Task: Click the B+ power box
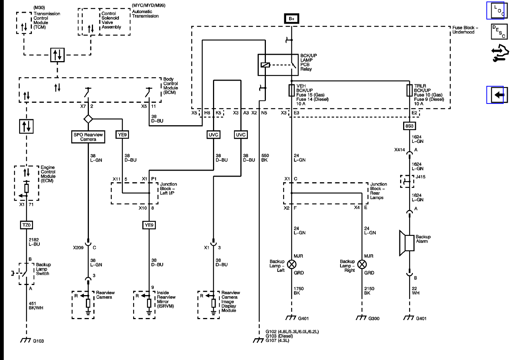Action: pyautogui.click(x=291, y=18)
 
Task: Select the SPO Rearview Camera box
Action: pyautogui.click(x=88, y=137)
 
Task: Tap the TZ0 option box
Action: pyautogui.click(x=26, y=225)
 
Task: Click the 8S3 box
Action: pyautogui.click(x=409, y=126)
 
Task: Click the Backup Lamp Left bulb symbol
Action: pyautogui.click(x=291, y=264)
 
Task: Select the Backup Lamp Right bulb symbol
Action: pyautogui.click(x=362, y=264)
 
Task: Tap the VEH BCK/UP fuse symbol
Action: pyautogui.click(x=291, y=90)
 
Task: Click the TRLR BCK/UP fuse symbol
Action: pyautogui.click(x=409, y=90)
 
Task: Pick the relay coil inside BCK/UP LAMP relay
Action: pyautogui.click(x=265, y=65)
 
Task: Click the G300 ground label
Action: pyautogui.click(x=373, y=319)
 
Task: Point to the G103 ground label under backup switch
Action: pyautogui.click(x=38, y=341)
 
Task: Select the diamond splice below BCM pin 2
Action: pyautogui.click(x=88, y=119)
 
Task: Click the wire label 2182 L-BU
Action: pyautogui.click(x=34, y=242)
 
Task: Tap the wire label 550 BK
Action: pyautogui.click(x=265, y=158)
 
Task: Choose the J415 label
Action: pyautogui.click(x=420, y=177)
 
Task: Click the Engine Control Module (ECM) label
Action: pyautogui.click(x=48, y=174)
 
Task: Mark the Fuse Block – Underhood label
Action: pyautogui.click(x=465, y=30)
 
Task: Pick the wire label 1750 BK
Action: pyautogui.click(x=298, y=291)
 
